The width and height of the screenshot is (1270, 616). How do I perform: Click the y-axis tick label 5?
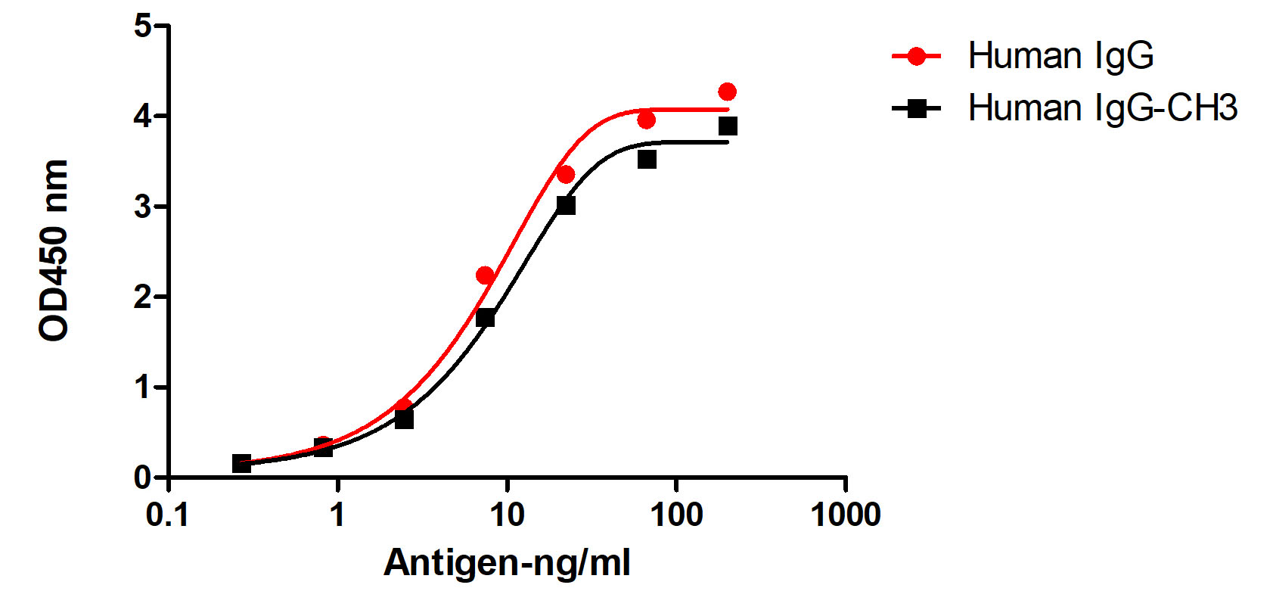[x=142, y=26]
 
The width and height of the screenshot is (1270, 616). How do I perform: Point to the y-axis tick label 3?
[x=142, y=207]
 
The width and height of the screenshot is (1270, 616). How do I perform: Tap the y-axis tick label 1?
[x=142, y=387]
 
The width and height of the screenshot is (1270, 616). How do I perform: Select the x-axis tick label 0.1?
[x=167, y=515]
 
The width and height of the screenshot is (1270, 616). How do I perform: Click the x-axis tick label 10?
[x=506, y=515]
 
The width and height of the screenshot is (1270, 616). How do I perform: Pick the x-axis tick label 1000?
[x=845, y=515]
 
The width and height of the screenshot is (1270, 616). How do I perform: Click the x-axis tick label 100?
[x=675, y=515]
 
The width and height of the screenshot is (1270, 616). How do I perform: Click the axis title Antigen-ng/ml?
[x=507, y=563]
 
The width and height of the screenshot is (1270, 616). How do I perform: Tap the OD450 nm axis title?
[x=54, y=250]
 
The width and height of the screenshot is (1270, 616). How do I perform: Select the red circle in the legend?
[x=916, y=56]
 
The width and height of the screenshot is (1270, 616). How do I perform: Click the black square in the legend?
[x=916, y=108]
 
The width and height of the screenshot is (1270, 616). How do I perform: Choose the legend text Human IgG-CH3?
[x=1102, y=108]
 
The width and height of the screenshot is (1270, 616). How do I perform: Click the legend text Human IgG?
[x=1060, y=56]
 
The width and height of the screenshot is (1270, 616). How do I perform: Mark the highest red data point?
[x=727, y=92]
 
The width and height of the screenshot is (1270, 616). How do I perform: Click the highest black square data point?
[x=728, y=126]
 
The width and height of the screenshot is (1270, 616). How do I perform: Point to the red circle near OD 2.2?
[x=485, y=275]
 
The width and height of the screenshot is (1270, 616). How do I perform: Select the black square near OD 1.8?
[x=485, y=318]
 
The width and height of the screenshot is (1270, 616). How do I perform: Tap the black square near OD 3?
[x=566, y=205]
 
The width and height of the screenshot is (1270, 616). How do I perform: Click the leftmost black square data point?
[x=241, y=463]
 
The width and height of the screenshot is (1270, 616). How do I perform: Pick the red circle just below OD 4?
[x=646, y=120]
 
